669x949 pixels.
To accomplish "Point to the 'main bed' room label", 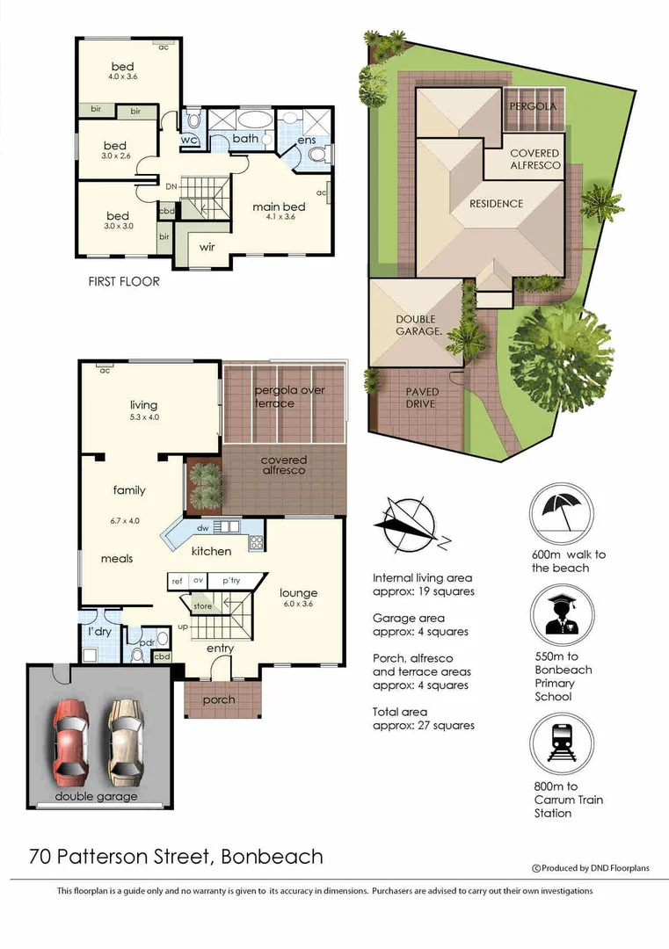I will tap(277, 207).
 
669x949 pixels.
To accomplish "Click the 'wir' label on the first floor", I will tap(208, 247).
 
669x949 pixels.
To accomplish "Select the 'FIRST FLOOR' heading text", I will tap(124, 282).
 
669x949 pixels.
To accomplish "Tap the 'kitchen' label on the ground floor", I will tap(212, 551).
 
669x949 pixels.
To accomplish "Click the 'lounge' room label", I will tap(298, 592).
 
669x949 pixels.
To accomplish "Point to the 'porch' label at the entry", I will tap(219, 699).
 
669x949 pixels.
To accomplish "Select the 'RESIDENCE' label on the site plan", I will tap(496, 204).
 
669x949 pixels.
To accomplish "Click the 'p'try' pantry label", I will tap(231, 581).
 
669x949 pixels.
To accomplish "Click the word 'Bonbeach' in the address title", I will tap(272, 855).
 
